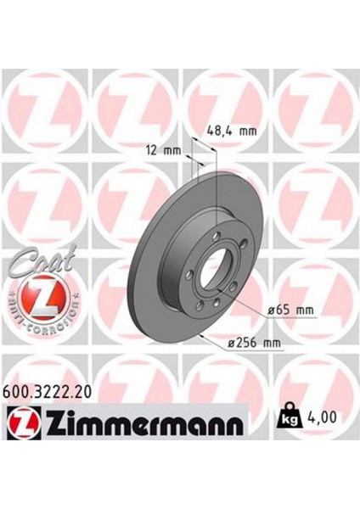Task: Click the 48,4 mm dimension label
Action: click(232, 131)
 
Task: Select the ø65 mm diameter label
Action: click(290, 310)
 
